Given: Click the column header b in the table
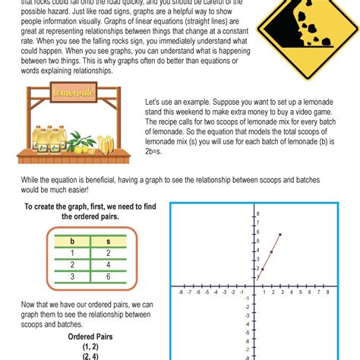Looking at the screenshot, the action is [x=71, y=241].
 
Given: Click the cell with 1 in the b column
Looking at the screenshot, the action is [x=71, y=253].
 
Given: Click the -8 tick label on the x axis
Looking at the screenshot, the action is [x=180, y=292].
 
